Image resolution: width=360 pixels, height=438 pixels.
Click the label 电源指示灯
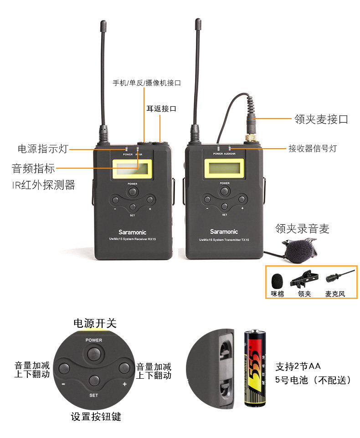pyautogui.click(x=43, y=149)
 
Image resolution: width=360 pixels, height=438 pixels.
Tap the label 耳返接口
pyautogui.click(x=161, y=109)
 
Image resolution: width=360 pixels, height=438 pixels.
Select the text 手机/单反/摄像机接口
pyautogui.click(x=147, y=83)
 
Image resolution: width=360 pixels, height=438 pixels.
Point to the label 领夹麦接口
pyautogui.click(x=321, y=119)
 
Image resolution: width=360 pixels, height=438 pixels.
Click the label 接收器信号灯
pyautogui.click(x=313, y=149)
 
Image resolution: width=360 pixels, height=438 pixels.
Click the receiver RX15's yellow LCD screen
pyautogui.click(x=133, y=169)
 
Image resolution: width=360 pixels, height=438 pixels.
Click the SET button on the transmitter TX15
pyautogui.click(x=225, y=206)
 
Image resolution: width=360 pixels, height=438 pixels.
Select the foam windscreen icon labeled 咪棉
pyautogui.click(x=277, y=280)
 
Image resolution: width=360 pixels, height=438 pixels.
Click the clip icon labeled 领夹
pyautogui.click(x=304, y=278)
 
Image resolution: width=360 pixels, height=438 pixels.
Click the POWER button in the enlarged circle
pyautogui.click(x=93, y=352)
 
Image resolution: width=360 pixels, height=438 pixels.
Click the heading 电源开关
pyautogui.click(x=95, y=324)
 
